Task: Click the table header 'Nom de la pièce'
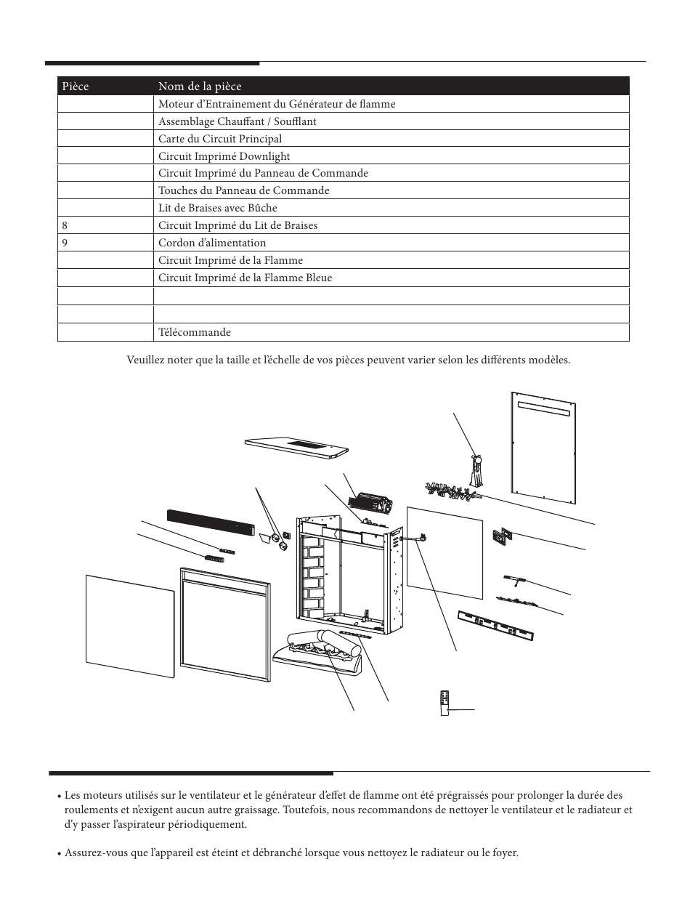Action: pyautogui.click(x=200, y=86)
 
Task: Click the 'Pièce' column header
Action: pyautogui.click(x=76, y=86)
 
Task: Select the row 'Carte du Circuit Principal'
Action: pyautogui.click(x=220, y=139)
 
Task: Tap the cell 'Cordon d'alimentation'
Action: pyautogui.click(x=212, y=243)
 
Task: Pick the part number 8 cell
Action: pyautogui.click(x=65, y=225)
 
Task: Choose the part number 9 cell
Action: pyautogui.click(x=65, y=243)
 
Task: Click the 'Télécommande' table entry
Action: pyautogui.click(x=195, y=332)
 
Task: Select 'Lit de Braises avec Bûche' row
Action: pyautogui.click(x=218, y=208)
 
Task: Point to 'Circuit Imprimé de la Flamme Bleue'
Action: pyautogui.click(x=245, y=278)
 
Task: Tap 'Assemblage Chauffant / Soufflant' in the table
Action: pyautogui.click(x=238, y=121)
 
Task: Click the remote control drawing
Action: pyautogui.click(x=445, y=702)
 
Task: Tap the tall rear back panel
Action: pyautogui.click(x=544, y=449)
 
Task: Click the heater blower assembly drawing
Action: pyautogui.click(x=371, y=501)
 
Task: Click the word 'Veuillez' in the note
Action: pyautogui.click(x=143, y=360)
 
